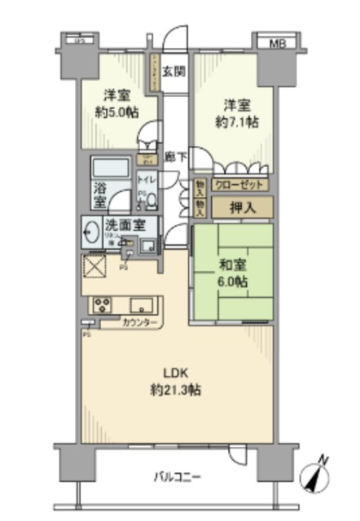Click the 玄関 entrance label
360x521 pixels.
coord(173,71)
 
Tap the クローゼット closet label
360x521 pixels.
coord(238,185)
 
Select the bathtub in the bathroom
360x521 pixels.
coord(111,170)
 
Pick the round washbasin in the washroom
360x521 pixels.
coord(90,233)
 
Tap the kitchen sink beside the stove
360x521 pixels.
coord(143,306)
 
